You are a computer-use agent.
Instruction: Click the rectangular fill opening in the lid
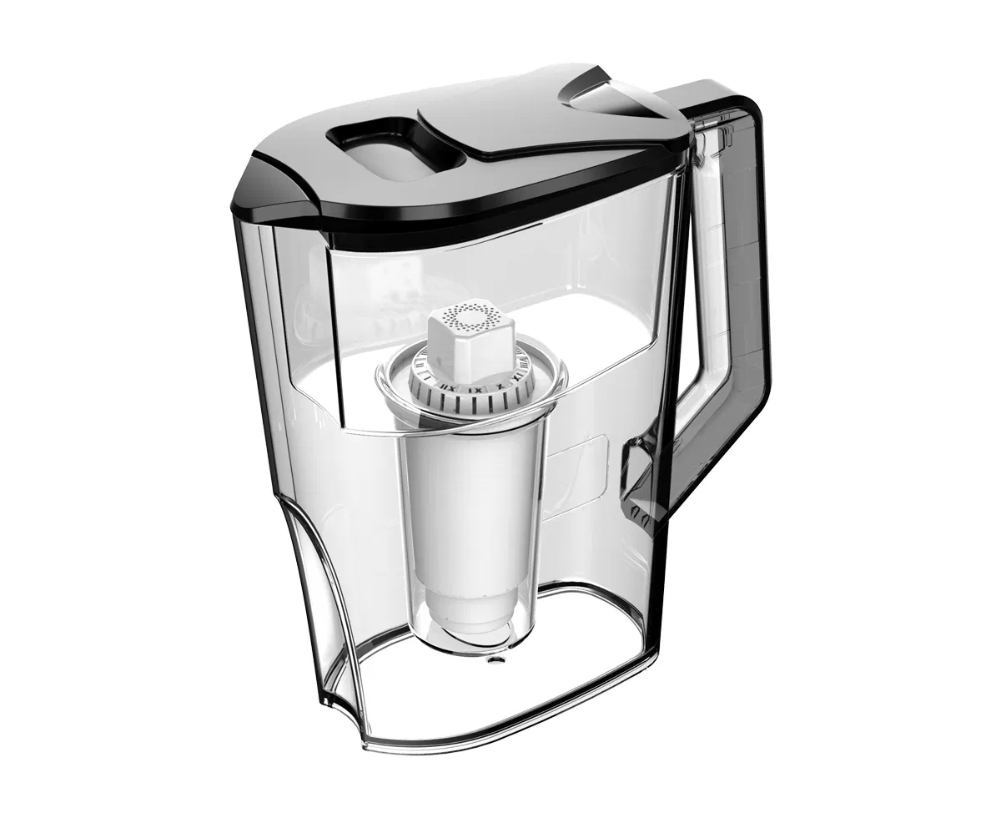click(380, 151)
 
